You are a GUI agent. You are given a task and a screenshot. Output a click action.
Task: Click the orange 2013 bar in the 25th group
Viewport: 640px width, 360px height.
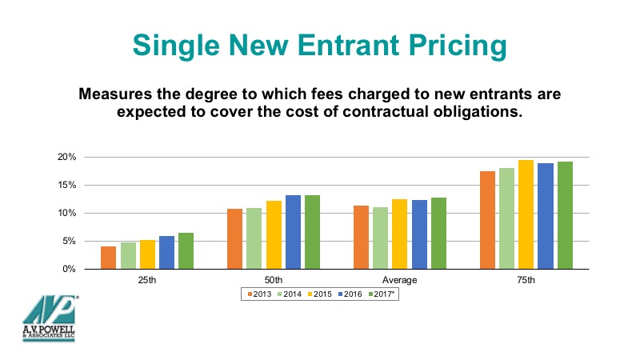tap(108, 258)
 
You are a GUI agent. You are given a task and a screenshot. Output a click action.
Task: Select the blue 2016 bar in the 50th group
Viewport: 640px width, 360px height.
tap(293, 232)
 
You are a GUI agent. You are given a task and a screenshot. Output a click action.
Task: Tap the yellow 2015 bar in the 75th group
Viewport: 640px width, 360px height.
tap(526, 214)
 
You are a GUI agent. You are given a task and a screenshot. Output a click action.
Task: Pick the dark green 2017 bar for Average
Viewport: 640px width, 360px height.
tap(438, 233)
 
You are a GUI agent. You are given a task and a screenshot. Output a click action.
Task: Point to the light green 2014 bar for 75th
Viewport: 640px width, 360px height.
tap(506, 218)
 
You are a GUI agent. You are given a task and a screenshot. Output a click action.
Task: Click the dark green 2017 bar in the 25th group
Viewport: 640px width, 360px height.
tap(186, 250)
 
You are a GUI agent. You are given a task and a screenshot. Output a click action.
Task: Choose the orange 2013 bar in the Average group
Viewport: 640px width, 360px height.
tap(362, 237)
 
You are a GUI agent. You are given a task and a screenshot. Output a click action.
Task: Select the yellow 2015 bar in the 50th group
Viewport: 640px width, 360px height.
tap(274, 234)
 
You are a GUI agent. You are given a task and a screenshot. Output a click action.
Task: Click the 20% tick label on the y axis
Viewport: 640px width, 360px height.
tap(67, 157)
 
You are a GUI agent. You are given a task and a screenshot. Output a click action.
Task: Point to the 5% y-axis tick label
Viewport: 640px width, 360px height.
tap(70, 242)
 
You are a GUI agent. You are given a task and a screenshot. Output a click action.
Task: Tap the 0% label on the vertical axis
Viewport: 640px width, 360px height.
tap(70, 269)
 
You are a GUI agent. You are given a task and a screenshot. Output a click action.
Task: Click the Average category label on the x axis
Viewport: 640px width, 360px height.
tap(399, 280)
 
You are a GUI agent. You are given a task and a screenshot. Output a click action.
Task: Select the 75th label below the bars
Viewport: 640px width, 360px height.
tap(526, 280)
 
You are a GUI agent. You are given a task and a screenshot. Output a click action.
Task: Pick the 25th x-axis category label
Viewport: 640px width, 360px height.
tap(147, 280)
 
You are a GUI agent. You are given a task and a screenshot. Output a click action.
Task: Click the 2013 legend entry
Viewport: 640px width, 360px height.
tap(259, 294)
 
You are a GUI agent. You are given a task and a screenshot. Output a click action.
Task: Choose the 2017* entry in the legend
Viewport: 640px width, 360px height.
tap(382, 294)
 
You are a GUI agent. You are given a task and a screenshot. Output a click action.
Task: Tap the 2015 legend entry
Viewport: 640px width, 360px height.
tap(319, 294)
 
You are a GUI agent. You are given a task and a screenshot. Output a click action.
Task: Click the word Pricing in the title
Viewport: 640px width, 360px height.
tap(458, 46)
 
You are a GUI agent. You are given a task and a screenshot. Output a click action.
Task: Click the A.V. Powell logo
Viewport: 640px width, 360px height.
tap(49, 318)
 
